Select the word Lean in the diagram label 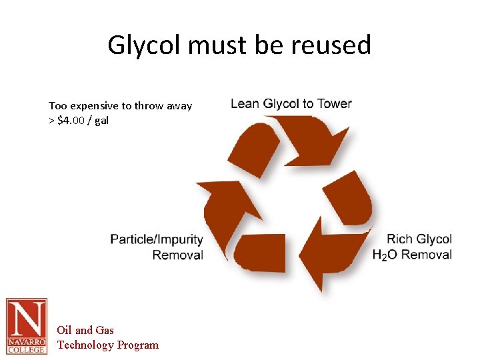tap(245, 103)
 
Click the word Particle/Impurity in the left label tap(157, 239)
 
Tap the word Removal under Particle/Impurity tap(177, 255)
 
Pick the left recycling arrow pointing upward tap(227, 207)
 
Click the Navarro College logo tap(27, 326)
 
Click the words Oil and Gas tap(85, 330)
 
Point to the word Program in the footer tap(138, 345)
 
